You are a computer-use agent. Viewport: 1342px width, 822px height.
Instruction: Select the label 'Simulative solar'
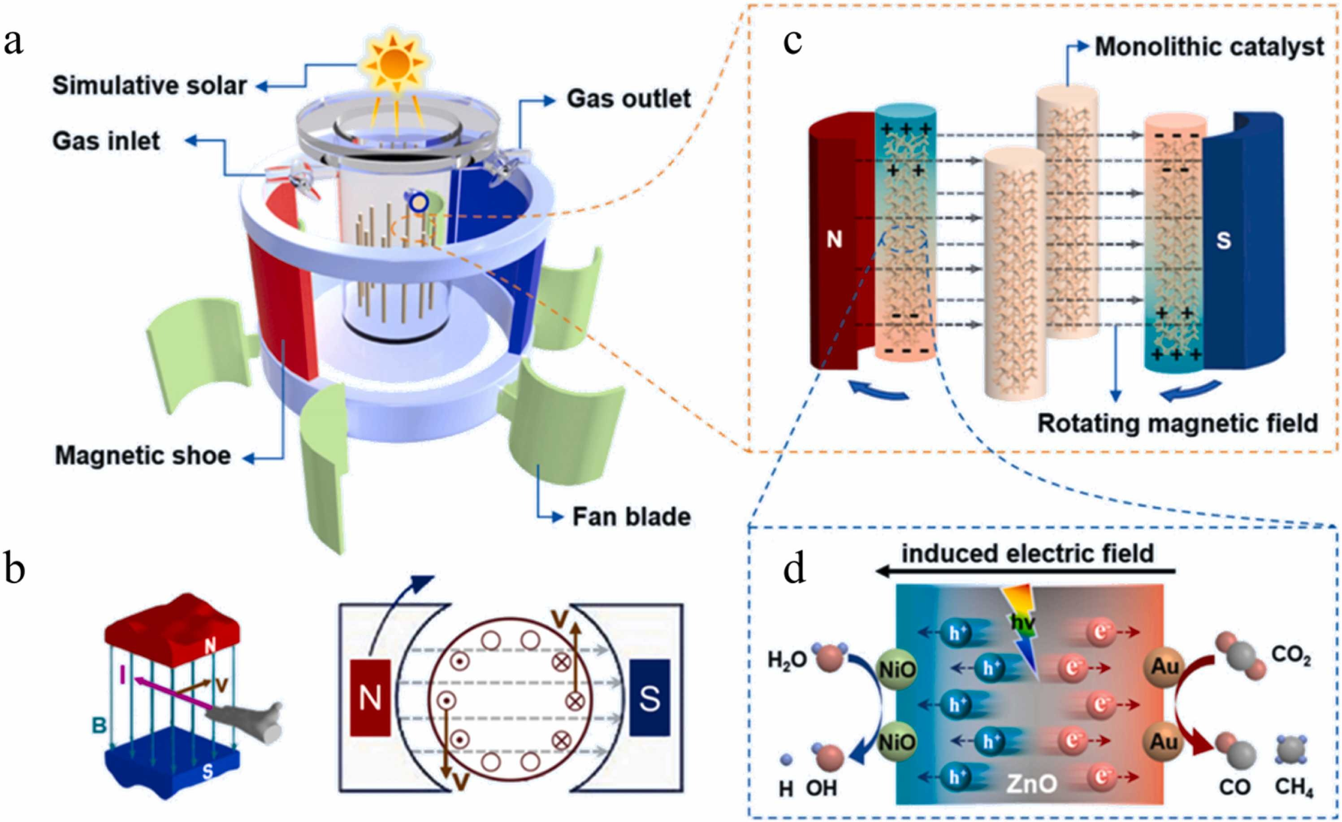(149, 86)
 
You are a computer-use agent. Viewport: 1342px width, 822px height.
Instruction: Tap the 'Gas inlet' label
(106, 141)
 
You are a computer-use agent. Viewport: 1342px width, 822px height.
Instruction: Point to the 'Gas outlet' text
(628, 99)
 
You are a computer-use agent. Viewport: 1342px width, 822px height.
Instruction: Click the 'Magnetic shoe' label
(143, 455)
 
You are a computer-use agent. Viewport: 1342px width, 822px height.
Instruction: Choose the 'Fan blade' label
(631, 517)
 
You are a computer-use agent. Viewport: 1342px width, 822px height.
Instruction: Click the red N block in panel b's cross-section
(370, 698)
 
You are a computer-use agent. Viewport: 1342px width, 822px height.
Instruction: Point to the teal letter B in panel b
(99, 725)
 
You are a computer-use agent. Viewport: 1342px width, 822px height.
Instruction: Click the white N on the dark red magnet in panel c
(834, 239)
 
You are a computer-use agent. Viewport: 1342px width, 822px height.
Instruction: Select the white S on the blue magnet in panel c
(1223, 240)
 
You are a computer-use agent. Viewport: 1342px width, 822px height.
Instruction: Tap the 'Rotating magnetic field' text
(1177, 423)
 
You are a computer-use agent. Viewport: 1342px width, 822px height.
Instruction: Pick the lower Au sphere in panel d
(1164, 741)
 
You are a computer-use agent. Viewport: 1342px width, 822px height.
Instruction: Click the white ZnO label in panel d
(1031, 783)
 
